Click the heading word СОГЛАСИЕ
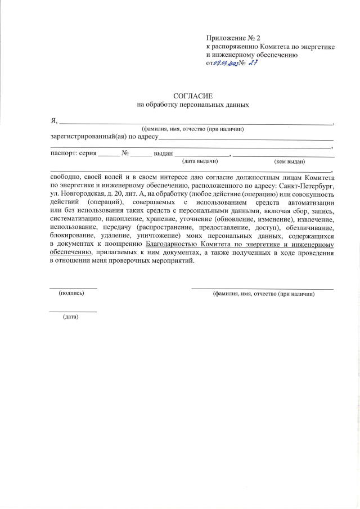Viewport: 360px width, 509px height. (x=193, y=96)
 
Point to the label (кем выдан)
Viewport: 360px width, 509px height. (x=289, y=161)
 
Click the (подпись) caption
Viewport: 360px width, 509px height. (x=71, y=293)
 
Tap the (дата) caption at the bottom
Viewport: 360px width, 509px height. (x=71, y=317)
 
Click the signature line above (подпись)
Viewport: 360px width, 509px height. (x=73, y=288)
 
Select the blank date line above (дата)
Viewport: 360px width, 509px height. (x=73, y=312)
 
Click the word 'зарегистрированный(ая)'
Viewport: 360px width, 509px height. (x=88, y=136)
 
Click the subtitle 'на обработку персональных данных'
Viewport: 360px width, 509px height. (x=193, y=105)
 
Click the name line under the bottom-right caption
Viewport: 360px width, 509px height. (x=263, y=288)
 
